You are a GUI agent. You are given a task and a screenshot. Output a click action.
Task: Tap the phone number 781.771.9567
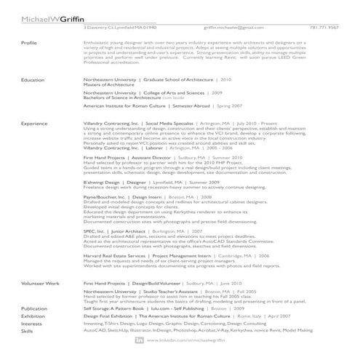[x=324, y=27]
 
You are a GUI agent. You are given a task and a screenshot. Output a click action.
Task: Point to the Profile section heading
[x=30, y=43]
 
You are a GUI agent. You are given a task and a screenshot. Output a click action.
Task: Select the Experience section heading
[x=35, y=124]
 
